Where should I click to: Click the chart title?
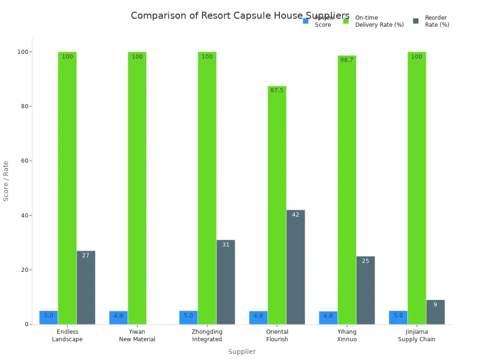tap(240, 16)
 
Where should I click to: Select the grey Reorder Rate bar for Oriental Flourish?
tap(295, 267)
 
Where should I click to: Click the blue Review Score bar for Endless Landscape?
tap(49, 317)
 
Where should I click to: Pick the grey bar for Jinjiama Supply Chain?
tap(435, 312)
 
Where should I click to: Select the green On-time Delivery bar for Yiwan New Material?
tap(137, 187)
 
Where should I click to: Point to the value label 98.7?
tap(347, 60)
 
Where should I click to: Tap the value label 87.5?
tap(277, 90)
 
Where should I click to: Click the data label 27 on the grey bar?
tap(86, 255)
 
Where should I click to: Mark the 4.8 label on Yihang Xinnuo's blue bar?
tap(328, 316)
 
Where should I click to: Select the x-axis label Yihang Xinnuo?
tap(347, 336)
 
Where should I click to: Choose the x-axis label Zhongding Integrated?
tap(207, 336)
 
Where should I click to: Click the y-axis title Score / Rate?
tap(6, 181)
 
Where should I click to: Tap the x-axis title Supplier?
tap(242, 352)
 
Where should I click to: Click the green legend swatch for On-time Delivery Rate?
tap(346, 21)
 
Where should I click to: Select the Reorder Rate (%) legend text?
tap(437, 21)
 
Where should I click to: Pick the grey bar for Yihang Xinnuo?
tap(365, 290)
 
